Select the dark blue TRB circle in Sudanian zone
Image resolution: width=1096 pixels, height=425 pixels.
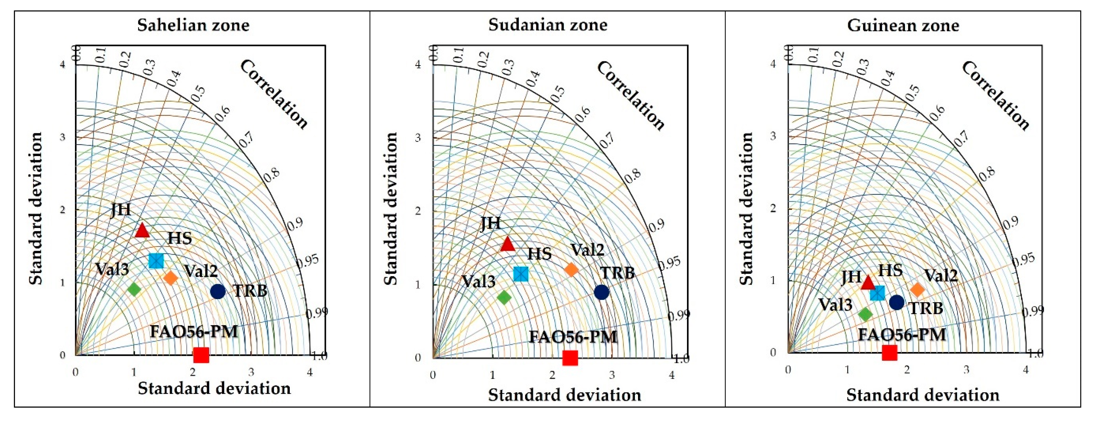pyautogui.click(x=601, y=292)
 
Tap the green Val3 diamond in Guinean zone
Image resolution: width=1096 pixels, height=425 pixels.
pyautogui.click(x=865, y=314)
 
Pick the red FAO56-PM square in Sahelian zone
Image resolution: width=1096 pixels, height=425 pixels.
pyautogui.click(x=201, y=354)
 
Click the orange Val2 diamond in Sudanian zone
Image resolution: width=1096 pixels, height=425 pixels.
pyautogui.click(x=571, y=269)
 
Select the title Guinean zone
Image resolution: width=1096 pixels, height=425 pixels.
pyautogui.click(x=903, y=25)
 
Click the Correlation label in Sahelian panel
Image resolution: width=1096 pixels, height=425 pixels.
pyautogui.click(x=274, y=94)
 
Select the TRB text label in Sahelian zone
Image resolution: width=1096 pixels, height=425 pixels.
pyautogui.click(x=250, y=291)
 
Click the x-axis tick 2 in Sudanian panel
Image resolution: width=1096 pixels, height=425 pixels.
pyautogui.click(x=552, y=375)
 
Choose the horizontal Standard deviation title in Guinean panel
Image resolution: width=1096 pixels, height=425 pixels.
pyautogui.click(x=922, y=395)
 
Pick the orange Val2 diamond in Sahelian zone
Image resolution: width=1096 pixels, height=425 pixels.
pyautogui.click(x=170, y=278)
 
